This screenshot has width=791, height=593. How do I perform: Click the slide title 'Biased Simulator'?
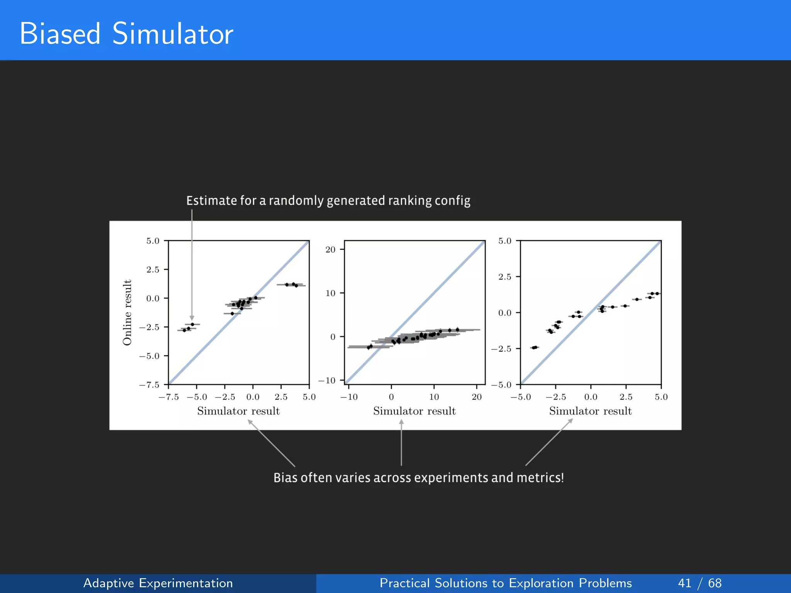126,34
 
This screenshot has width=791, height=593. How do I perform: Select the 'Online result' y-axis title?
127,312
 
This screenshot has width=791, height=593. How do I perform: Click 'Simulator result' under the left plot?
238,411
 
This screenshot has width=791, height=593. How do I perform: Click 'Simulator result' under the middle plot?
414,411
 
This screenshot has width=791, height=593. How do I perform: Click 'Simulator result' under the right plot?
590,411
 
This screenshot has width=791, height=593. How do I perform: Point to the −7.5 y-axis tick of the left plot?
149,385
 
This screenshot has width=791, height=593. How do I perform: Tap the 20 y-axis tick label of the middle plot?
330,250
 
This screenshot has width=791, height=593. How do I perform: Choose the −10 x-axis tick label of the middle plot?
349,397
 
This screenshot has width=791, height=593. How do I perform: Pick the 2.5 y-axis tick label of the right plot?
504,277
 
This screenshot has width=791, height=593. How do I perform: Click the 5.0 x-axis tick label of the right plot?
661,397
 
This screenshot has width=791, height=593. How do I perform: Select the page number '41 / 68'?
699,583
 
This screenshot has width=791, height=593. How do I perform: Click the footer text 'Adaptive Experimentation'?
158,583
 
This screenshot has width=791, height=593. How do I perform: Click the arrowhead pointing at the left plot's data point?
192,318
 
